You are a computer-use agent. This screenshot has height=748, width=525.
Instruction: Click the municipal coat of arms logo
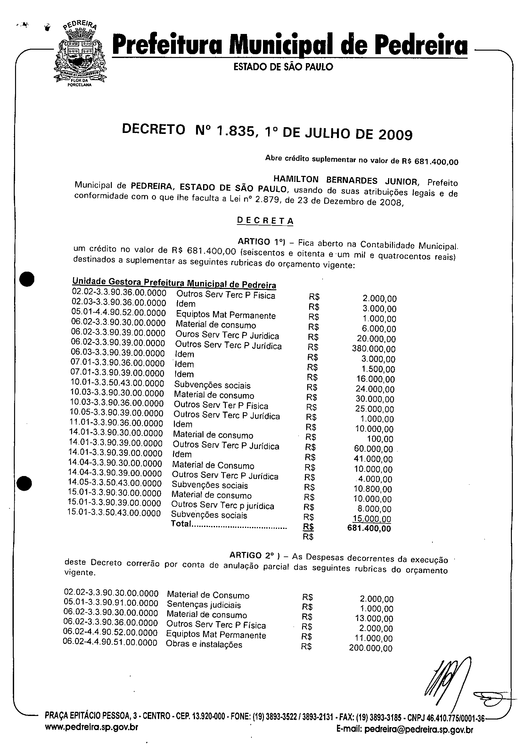point(80,54)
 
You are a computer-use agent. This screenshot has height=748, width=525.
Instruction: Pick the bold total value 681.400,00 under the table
point(369,529)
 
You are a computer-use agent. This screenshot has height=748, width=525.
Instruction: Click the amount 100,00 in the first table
point(380,439)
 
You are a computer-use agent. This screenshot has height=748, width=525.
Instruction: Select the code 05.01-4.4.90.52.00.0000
point(119,313)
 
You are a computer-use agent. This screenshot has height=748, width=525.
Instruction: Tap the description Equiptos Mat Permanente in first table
point(226,315)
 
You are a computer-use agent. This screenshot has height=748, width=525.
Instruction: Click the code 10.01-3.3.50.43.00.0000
point(117,383)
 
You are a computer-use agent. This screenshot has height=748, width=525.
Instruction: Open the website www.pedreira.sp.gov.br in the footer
point(92,727)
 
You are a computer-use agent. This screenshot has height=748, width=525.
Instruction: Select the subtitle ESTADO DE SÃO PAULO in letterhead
point(283,67)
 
